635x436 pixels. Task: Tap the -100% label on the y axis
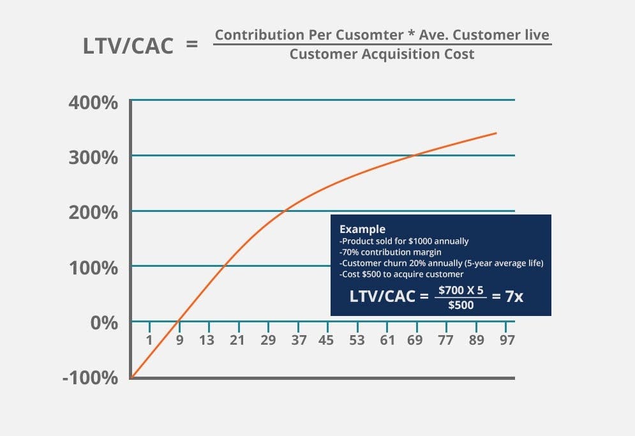[90, 378]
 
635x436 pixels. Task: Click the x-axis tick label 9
[179, 340]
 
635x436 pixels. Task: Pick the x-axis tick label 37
[298, 340]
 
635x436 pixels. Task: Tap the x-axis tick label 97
[507, 340]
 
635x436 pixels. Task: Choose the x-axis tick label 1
[149, 340]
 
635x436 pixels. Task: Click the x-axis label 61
[387, 340]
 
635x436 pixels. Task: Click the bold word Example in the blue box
[362, 229]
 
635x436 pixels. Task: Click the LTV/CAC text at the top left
[128, 45]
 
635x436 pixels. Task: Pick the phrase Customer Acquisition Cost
[382, 54]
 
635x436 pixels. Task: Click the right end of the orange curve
[496, 133]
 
